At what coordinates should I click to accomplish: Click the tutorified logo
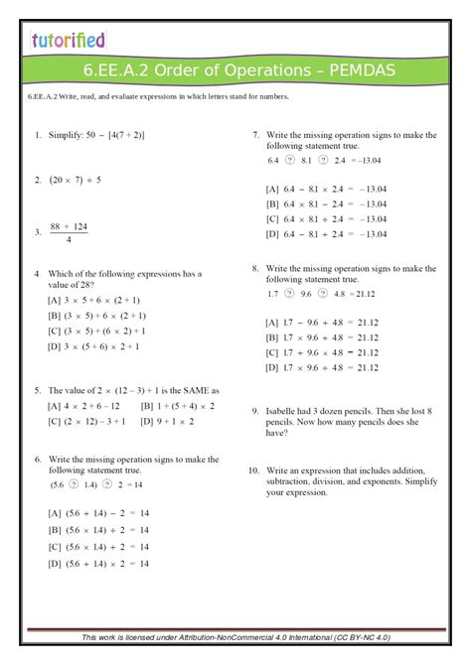67,40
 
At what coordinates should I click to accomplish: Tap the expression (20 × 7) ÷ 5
75,180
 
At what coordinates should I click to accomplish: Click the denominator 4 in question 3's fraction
68,239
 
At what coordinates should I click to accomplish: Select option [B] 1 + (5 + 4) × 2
179,405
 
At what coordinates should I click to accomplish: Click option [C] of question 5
86,421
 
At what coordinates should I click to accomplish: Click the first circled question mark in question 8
289,293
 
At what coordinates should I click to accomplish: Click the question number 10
253,469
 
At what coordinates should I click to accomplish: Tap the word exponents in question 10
397,480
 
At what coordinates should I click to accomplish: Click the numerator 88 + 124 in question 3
68,226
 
